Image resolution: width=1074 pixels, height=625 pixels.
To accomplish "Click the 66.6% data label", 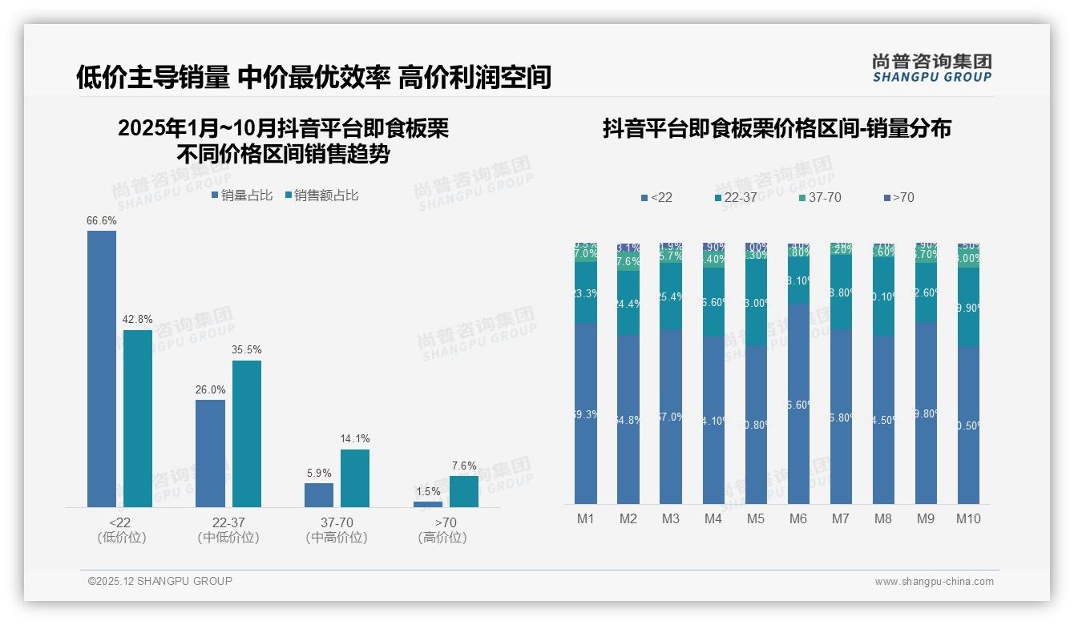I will tap(102, 220).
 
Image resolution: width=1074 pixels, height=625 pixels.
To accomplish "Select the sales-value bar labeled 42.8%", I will tap(138, 418).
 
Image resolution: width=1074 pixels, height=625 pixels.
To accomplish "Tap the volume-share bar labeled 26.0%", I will tap(210, 453).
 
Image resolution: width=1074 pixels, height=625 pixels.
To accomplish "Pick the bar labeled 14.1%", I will tap(355, 478).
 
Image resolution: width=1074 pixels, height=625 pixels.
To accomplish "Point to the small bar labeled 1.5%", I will tap(428, 504).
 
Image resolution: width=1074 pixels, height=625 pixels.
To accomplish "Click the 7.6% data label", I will tap(464, 466).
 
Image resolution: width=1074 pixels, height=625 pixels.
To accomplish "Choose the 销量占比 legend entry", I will tap(242, 196).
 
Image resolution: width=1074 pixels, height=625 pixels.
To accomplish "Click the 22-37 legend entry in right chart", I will tap(735, 197).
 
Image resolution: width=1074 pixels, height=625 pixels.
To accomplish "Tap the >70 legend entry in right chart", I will tap(898, 197).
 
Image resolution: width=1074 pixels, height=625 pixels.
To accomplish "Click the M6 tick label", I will tap(798, 518).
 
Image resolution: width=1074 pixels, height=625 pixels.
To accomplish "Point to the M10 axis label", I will tap(968, 518).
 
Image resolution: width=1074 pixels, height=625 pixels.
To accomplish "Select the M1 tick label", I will tap(586, 518).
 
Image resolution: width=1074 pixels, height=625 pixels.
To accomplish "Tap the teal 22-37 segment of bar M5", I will tap(756, 303).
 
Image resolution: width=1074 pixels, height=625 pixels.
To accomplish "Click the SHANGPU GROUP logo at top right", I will tap(932, 67).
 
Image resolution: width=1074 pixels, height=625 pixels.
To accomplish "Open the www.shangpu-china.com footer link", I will tap(934, 582).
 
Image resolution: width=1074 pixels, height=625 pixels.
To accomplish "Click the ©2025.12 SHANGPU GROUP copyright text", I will tap(160, 581).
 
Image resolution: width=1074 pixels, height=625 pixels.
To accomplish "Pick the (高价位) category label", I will tap(442, 538).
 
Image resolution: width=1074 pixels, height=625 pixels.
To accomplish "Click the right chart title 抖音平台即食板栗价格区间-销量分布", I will tap(777, 128).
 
